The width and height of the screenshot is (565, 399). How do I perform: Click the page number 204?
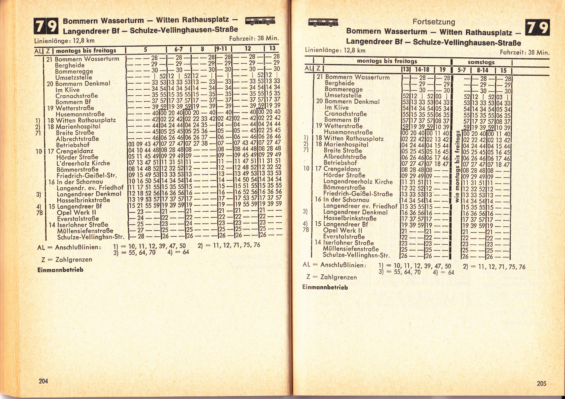[43, 381]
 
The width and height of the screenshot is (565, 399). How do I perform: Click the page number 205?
[541, 383]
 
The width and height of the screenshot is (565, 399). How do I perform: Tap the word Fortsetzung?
[434, 22]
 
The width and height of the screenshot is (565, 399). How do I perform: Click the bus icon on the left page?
[260, 20]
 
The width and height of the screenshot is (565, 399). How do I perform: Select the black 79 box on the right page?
[537, 28]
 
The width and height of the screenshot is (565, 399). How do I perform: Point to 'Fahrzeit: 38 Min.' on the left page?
[253, 38]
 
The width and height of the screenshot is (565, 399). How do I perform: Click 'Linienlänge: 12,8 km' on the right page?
[335, 50]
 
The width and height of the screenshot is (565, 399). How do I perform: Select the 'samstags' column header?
[481, 62]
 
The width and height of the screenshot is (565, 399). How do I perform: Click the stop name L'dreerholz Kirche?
[83, 163]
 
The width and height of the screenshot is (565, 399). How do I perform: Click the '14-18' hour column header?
[422, 70]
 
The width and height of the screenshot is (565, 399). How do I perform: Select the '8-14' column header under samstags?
[482, 70]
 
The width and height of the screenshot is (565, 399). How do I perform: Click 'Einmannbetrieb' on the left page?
[60, 270]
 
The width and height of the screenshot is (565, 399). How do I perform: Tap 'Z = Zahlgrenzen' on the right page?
[331, 277]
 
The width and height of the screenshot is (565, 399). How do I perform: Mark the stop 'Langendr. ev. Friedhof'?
[90, 188]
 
